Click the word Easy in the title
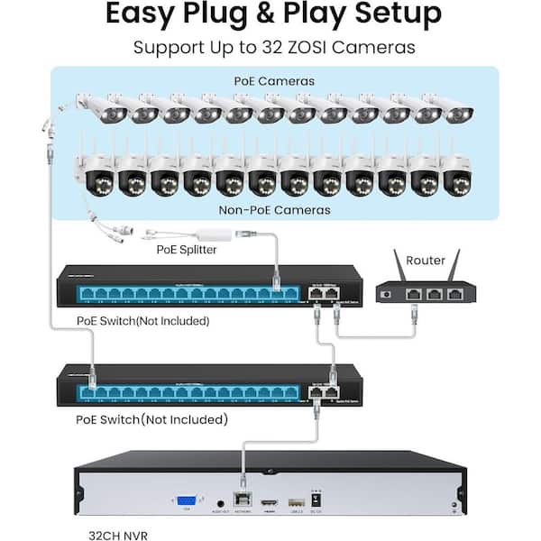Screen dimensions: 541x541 (143, 15)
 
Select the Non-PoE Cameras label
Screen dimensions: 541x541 (274, 209)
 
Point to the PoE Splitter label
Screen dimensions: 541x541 (186, 249)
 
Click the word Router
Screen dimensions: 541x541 (426, 261)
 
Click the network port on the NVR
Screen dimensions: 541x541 (242, 500)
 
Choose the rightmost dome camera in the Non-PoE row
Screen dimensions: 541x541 (454, 173)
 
